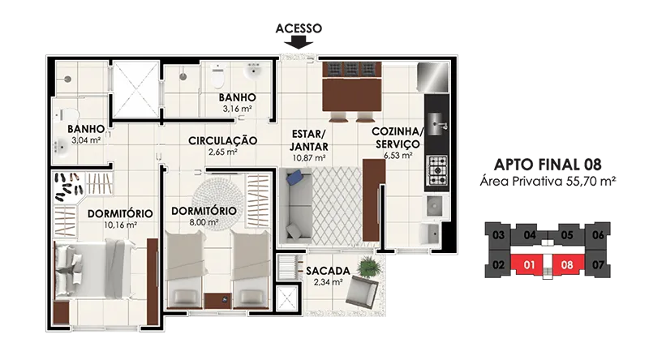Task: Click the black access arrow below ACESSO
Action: pyautogui.click(x=299, y=42)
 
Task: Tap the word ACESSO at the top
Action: pyautogui.click(x=299, y=28)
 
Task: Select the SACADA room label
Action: pyautogui.click(x=328, y=271)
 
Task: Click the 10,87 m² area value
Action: pyautogui.click(x=309, y=157)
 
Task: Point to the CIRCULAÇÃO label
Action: pyautogui.click(x=222, y=141)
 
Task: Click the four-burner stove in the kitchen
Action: pyautogui.click(x=437, y=169)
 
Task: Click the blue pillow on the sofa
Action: pyautogui.click(x=294, y=178)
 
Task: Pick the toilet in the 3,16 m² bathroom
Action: pyautogui.click(x=217, y=75)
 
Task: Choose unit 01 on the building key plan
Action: pyautogui.click(x=529, y=264)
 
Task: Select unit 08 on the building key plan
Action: pyautogui.click(x=567, y=264)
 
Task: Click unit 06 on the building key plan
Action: pyautogui.click(x=598, y=235)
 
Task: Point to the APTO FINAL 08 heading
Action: pyautogui.click(x=548, y=165)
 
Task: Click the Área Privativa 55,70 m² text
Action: pyautogui.click(x=548, y=182)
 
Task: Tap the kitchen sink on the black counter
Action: pyautogui.click(x=436, y=124)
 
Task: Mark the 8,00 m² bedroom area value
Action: pyautogui.click(x=204, y=222)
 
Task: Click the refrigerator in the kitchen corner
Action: pyautogui.click(x=432, y=77)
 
